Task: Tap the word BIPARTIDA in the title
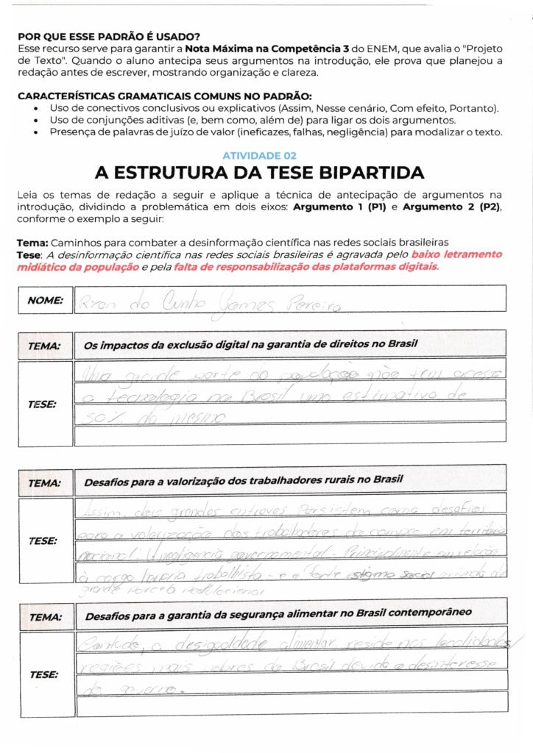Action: tap(368, 174)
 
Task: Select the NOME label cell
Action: tap(45, 300)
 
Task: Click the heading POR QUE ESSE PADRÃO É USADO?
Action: tap(108, 36)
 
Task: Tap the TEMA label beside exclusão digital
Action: tap(43, 345)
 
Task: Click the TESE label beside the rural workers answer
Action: tap(42, 540)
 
